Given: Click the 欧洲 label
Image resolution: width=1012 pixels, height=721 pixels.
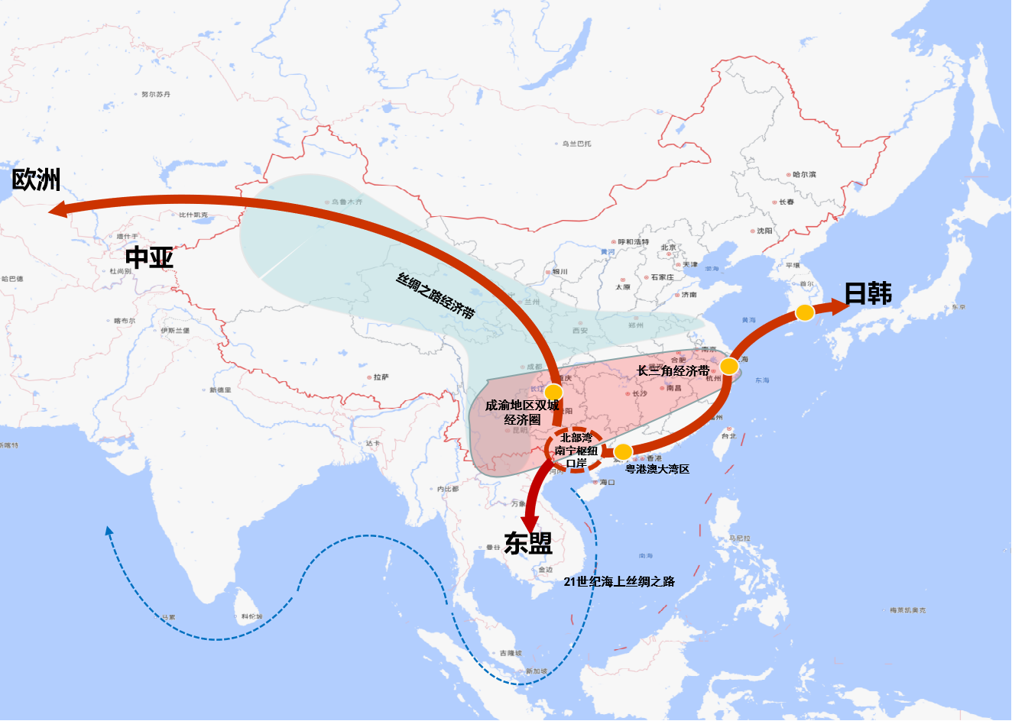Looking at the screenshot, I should pos(36,180).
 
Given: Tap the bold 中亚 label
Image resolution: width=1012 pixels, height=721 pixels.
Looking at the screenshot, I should pos(149,257).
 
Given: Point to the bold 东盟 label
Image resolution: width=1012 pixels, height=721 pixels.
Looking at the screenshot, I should pos(527,542).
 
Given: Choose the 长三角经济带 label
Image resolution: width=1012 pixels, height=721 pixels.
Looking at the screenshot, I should pos(673,370).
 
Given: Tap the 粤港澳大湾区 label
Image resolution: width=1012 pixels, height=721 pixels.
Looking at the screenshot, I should pos(657,469).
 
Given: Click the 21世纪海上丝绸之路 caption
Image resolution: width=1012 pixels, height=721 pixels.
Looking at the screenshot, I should pos(619,581).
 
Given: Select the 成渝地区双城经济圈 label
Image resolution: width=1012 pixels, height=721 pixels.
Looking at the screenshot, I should pos(522,412).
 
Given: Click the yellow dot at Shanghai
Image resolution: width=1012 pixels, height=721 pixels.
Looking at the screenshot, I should pos(729,366).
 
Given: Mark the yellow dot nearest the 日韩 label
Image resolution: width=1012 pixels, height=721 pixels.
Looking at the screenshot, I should pos(804,312).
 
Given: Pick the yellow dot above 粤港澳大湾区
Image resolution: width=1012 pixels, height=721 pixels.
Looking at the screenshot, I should pos(623,451).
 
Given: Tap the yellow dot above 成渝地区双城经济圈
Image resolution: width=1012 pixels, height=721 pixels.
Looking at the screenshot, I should pos(553,392).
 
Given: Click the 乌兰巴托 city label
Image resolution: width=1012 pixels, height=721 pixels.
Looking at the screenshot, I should pos(576,144).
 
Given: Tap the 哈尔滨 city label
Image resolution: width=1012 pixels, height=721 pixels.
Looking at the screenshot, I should pos(803,175).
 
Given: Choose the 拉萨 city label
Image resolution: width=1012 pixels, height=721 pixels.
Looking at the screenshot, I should pos(381,377).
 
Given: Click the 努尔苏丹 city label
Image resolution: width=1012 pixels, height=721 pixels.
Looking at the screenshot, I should pos(156,94).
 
